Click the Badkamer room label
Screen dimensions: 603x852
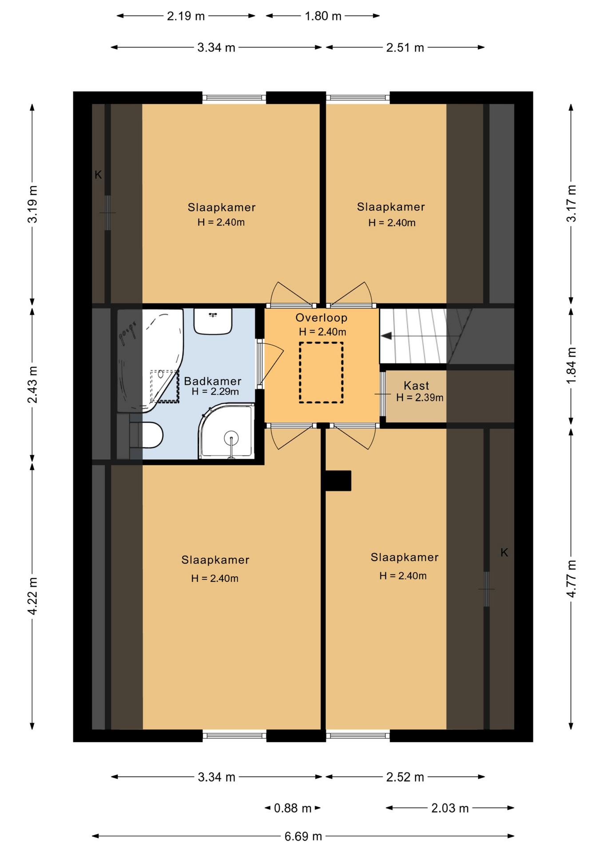pos(213,381)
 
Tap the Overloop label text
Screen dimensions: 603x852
pos(321,318)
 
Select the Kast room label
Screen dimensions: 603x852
pos(417,386)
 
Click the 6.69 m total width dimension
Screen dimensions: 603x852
pos(303,836)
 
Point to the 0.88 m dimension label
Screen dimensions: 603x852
pos(293,808)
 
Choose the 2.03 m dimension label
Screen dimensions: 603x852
pos(450,808)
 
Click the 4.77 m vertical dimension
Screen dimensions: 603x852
pos(571,579)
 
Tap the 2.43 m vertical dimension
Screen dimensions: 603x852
pos(32,385)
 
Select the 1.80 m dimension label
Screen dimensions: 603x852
pos(323,16)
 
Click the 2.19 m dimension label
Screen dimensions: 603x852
pos(186,16)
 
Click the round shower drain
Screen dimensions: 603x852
pos(231,438)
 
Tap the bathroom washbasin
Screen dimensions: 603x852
pos(213,321)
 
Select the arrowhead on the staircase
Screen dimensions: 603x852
pos(386,336)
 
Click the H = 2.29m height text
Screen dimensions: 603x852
pos(215,392)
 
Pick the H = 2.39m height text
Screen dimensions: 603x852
pos(420,398)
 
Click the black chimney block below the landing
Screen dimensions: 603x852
pos(338,481)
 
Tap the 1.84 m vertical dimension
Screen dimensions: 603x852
pos(571,366)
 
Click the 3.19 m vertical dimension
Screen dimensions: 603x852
pos(32,204)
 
